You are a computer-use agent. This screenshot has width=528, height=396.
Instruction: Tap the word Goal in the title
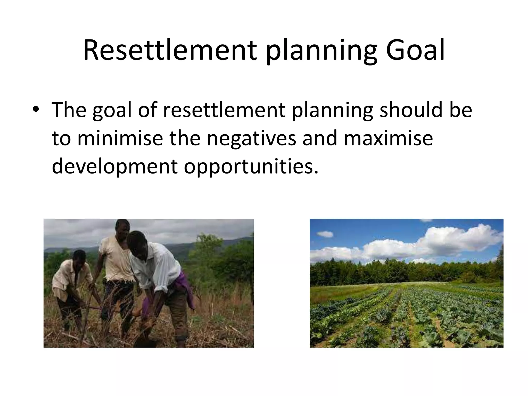[415, 50]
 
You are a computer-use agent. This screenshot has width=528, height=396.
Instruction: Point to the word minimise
[120, 138]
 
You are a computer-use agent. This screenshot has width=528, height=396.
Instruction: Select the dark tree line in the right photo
[387, 271]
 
